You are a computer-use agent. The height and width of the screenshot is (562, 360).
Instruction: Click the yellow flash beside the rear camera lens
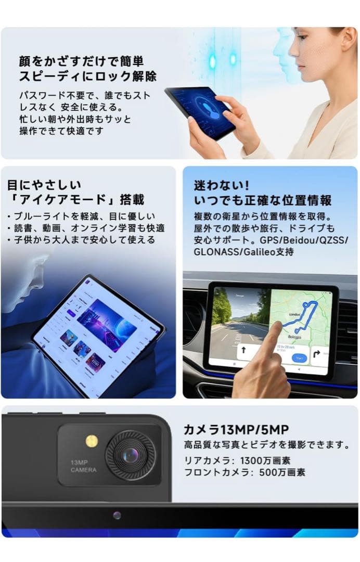(92, 441)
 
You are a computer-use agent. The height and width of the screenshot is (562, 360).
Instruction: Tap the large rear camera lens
(130, 455)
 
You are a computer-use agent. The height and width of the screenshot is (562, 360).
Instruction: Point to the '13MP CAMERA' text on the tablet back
(83, 466)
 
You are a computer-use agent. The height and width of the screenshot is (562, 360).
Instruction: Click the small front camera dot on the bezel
(117, 515)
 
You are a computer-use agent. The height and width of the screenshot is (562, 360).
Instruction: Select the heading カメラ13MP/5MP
(236, 429)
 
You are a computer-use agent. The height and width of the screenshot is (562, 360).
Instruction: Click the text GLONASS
(214, 252)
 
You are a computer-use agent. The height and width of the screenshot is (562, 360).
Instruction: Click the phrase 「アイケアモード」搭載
(75, 200)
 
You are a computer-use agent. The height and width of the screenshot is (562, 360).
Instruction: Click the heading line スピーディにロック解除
(88, 76)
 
